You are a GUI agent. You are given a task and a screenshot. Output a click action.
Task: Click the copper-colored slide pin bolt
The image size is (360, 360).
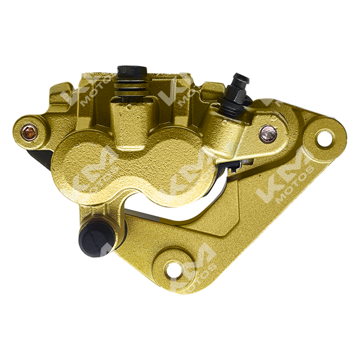29,132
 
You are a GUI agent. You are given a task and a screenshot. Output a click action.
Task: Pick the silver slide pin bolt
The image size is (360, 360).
267,134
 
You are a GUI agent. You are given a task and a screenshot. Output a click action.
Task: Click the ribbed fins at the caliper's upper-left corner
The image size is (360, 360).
62,95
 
